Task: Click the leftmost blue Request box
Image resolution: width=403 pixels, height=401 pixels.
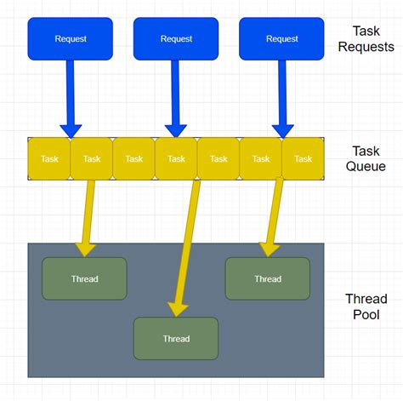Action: click(70, 38)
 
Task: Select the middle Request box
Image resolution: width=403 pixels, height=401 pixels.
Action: click(176, 38)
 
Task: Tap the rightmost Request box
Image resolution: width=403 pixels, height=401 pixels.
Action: click(281, 38)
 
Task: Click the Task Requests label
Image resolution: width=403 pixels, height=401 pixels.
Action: click(366, 38)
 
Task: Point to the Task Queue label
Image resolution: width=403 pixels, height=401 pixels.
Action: click(366, 158)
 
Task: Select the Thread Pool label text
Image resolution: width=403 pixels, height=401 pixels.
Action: click(366, 306)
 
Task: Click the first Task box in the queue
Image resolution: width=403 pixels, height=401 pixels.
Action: click(49, 159)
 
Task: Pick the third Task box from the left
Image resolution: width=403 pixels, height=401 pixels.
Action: click(133, 159)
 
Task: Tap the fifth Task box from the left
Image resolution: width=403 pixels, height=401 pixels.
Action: click(219, 159)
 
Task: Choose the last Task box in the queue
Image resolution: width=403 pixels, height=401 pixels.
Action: click(303, 159)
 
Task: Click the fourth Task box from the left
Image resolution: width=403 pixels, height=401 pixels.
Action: click(176, 159)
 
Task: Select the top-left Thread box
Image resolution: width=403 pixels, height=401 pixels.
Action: click(84, 278)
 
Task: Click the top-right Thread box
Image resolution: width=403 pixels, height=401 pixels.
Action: click(267, 278)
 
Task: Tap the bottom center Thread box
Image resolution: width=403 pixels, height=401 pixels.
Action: click(176, 338)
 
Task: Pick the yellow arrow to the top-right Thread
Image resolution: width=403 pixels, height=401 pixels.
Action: click(274, 213)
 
